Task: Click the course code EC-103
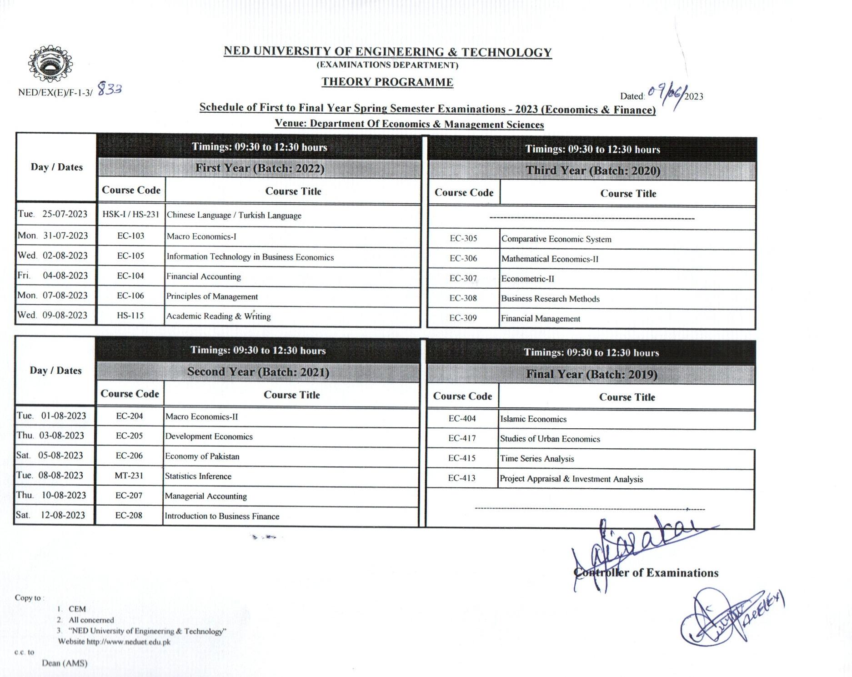point(130,236)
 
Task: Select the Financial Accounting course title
point(203,276)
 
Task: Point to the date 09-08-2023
point(65,315)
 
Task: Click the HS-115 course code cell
point(130,316)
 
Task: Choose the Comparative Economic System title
point(556,239)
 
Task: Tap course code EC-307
point(463,278)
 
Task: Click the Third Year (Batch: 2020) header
point(593,171)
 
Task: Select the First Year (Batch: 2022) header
point(260,168)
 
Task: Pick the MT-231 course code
point(129,476)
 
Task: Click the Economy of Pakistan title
point(202,456)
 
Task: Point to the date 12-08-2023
point(63,515)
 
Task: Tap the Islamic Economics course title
point(533,419)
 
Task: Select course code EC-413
point(462,478)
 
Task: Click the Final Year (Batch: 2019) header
point(591,374)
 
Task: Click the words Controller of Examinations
point(646,573)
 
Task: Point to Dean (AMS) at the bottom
point(65,663)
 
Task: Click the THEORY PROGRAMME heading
point(387,82)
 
